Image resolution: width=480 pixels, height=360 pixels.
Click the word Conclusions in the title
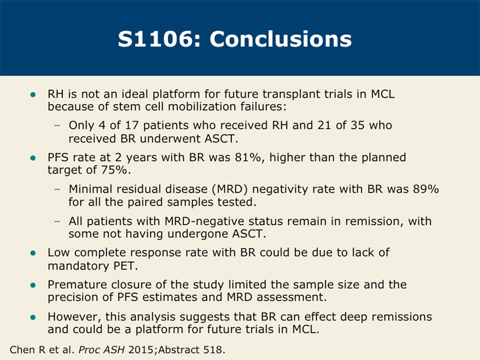click(x=280, y=39)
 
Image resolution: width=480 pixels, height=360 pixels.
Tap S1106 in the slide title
click(x=159, y=39)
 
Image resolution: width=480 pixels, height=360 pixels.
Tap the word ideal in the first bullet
click(x=134, y=94)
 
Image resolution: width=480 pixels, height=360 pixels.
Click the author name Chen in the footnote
click(x=23, y=350)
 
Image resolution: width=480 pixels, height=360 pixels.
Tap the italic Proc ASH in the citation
click(x=101, y=350)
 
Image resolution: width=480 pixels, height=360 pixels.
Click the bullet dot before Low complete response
click(x=33, y=253)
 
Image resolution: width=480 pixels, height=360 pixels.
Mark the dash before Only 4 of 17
click(x=57, y=125)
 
